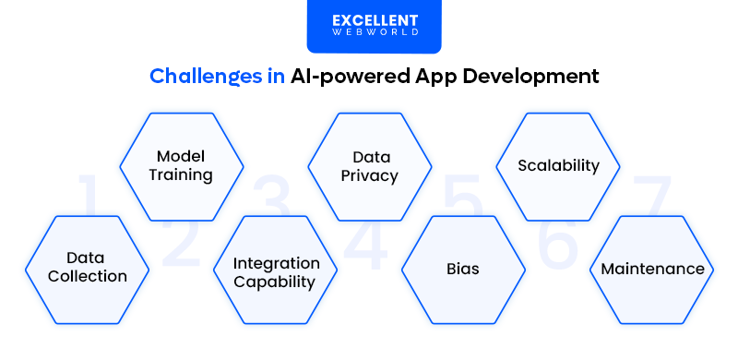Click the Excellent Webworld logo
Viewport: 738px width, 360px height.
374,26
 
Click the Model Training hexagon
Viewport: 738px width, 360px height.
182,166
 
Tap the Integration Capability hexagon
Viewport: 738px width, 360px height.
276,272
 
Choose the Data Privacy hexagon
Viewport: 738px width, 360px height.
369,166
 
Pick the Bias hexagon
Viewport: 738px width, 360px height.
463,270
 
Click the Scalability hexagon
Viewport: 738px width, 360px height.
558,166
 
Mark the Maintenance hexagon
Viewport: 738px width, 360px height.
652,270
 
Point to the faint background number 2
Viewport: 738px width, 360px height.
182,242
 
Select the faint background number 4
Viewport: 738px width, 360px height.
366,242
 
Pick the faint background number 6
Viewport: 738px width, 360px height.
557,242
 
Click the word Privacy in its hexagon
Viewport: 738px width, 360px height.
369,175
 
